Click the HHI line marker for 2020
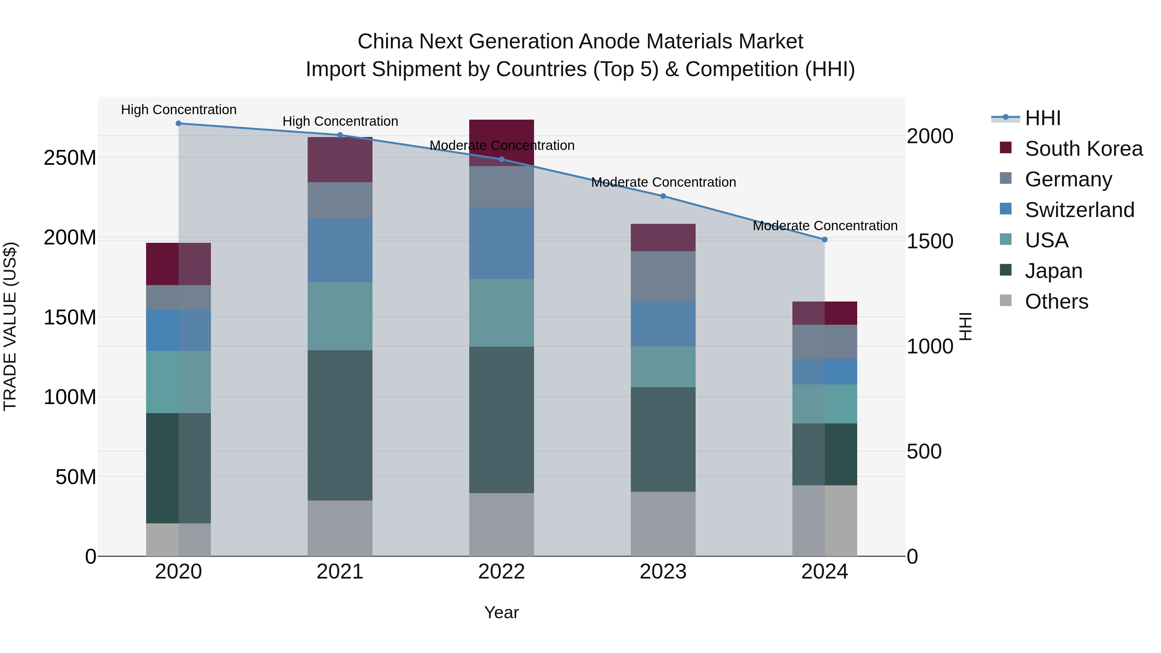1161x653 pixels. click(x=178, y=124)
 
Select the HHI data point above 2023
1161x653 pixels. click(x=663, y=196)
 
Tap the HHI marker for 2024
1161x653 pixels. click(x=824, y=240)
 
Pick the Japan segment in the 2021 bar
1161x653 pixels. click(x=340, y=425)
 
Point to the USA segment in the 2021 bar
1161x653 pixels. click(x=340, y=316)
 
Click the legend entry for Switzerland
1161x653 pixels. click(x=1079, y=210)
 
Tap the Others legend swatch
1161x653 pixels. click(x=1006, y=301)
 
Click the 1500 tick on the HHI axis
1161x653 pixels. click(x=930, y=241)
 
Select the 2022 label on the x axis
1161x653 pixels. click(x=501, y=572)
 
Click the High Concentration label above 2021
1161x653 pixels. click(x=340, y=121)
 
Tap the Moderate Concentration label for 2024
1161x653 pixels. click(x=825, y=226)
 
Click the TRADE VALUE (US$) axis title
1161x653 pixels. click(x=10, y=326)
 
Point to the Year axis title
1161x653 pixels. click(x=501, y=612)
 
